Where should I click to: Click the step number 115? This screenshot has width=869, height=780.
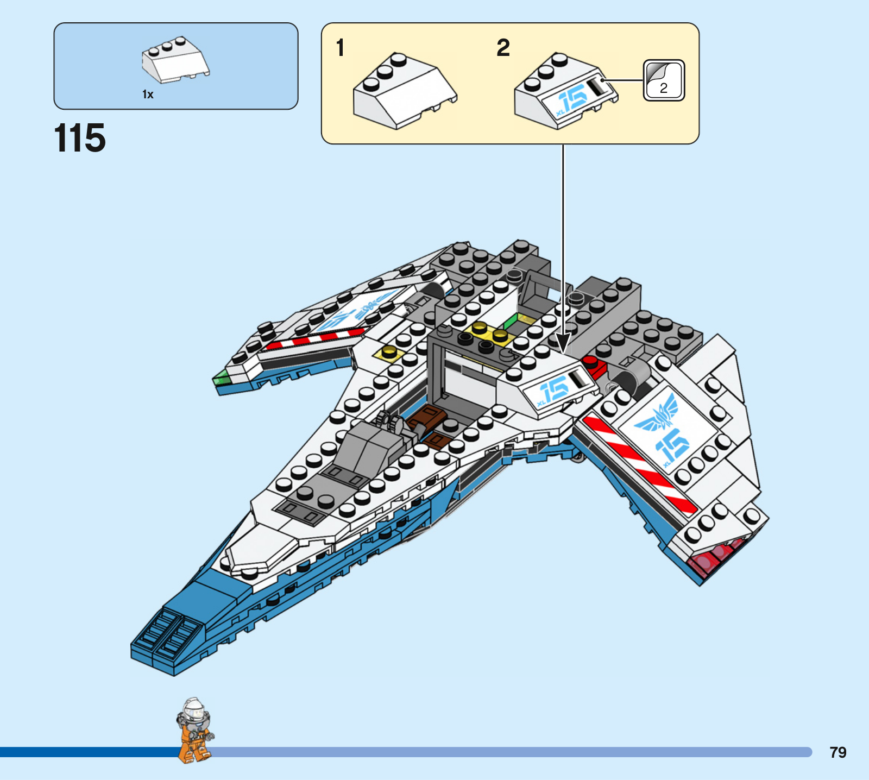coord(80,138)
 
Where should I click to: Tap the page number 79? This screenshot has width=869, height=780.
coord(837,752)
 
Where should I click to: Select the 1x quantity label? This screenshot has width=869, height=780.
coord(148,95)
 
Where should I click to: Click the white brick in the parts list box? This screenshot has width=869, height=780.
coord(175,60)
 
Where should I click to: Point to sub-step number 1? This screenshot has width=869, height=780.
coord(341,48)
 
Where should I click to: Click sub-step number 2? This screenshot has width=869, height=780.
coord(503,48)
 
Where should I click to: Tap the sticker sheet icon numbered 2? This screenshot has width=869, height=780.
coord(664,80)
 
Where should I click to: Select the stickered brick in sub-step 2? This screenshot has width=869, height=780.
coord(565,92)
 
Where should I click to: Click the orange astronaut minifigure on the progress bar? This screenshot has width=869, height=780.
coord(194,731)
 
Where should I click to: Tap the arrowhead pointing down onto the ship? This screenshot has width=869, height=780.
coord(563,343)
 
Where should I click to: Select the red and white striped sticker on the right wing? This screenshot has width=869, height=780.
coord(638,464)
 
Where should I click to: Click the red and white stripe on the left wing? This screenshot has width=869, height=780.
coord(315,339)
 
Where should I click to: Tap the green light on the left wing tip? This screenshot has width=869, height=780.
coord(221,377)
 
